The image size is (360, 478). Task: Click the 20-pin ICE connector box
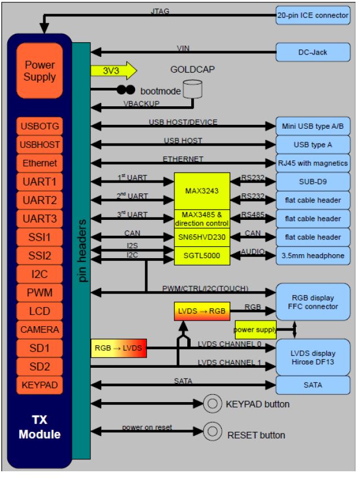click(x=312, y=15)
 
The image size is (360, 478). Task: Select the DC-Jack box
click(x=312, y=52)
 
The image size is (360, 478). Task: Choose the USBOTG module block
click(x=40, y=126)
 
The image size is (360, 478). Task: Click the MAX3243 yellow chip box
click(x=201, y=190)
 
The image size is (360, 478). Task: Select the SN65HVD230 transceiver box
click(x=201, y=237)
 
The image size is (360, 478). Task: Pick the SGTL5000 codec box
click(x=201, y=255)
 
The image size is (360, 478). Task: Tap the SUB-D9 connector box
click(x=313, y=182)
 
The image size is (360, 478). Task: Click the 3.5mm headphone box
click(x=313, y=255)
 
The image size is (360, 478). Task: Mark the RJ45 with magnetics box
click(x=313, y=163)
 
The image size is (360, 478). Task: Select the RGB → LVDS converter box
click(x=119, y=349)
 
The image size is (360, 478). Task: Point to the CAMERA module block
click(x=40, y=329)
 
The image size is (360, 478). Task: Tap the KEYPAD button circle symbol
click(x=212, y=403)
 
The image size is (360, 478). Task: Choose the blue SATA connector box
click(x=313, y=385)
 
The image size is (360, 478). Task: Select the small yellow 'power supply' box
click(x=255, y=330)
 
